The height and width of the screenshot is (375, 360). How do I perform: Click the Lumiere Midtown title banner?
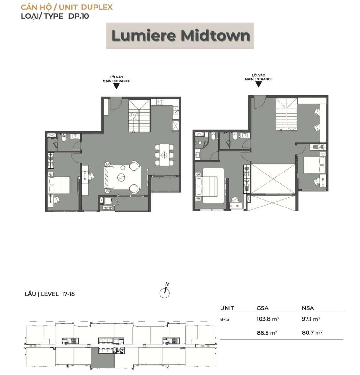[x=180, y=36]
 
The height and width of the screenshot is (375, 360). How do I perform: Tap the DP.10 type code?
[x=79, y=16]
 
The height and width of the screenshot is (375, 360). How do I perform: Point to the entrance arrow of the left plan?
[x=116, y=86]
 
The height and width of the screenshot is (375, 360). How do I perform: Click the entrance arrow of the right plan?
[x=258, y=84]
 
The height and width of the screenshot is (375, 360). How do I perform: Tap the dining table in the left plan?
[x=164, y=155]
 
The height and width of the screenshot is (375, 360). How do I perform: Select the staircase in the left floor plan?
[x=139, y=116]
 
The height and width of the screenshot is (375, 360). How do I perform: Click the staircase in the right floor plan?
[x=286, y=114]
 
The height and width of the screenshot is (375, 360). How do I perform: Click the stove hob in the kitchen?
[x=159, y=102]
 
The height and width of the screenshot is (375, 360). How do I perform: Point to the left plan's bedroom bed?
[x=59, y=185]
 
